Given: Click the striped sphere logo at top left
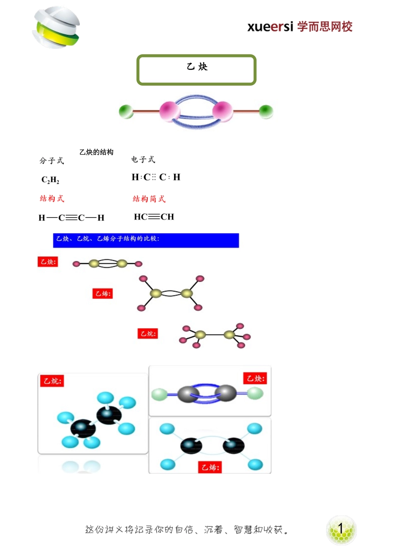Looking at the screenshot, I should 56,27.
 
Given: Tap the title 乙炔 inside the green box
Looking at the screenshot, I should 197,67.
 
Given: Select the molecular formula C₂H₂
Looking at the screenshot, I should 50,180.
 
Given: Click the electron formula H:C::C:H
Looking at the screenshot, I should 156,177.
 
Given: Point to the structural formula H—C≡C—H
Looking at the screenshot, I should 71,218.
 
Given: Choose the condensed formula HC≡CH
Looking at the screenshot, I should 154,217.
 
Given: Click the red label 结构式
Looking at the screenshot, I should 52,199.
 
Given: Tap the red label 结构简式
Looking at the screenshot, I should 149,199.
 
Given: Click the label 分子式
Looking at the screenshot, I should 52,161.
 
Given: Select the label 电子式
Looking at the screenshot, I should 143,159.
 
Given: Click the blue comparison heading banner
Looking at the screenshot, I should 146,240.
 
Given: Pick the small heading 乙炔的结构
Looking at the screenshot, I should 96,152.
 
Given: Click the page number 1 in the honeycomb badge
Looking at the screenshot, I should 341,529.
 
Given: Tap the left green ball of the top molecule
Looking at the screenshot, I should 126,112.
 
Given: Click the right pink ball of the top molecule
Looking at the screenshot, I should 223,110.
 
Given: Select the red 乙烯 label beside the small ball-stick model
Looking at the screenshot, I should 102,294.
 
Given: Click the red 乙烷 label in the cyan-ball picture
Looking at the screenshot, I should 52,381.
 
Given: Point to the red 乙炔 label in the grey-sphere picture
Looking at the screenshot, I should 255,379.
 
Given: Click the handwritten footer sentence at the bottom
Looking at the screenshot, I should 186,530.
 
